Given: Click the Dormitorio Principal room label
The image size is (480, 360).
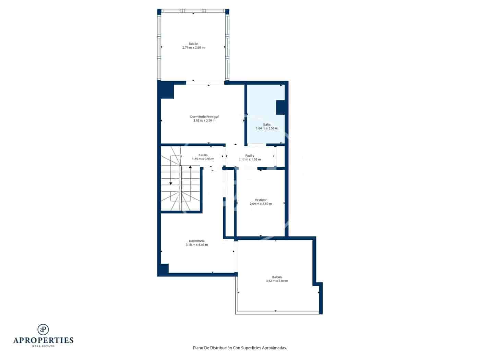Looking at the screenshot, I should (x=204, y=117).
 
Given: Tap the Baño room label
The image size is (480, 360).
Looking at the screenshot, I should (x=267, y=124).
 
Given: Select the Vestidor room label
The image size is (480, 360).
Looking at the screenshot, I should (x=261, y=200).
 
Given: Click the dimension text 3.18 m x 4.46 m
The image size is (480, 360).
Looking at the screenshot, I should (x=196, y=245).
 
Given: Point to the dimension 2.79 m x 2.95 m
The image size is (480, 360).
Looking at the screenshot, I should (x=193, y=48).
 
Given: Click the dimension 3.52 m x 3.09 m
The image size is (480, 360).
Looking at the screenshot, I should (x=277, y=281).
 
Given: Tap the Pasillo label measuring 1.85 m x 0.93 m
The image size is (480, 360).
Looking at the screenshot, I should (x=203, y=155).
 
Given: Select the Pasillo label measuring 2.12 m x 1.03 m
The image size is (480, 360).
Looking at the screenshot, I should (x=250, y=156).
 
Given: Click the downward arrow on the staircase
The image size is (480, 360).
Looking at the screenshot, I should (x=171, y=183).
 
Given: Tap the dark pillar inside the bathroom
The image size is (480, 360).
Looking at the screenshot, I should (x=280, y=107).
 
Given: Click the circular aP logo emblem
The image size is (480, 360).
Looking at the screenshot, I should (x=43, y=329).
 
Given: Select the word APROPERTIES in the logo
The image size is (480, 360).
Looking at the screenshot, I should (x=43, y=340).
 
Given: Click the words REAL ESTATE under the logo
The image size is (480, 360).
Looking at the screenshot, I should (x=43, y=346).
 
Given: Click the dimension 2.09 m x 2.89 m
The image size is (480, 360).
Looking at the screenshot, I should (x=261, y=204).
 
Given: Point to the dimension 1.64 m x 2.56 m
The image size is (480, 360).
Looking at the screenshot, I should (x=267, y=129).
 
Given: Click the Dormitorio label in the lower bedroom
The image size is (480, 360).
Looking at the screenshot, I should (x=196, y=241).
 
